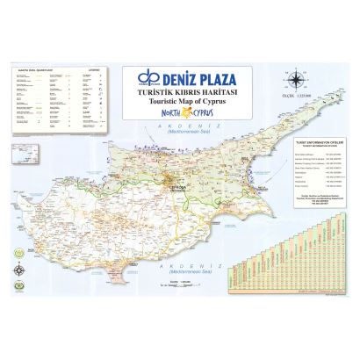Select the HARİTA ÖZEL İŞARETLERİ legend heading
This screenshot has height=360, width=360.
point(32,70)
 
